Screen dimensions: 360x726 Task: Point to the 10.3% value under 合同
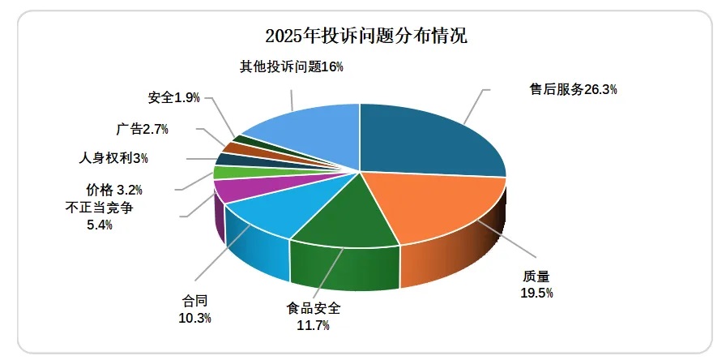click(x=194, y=319)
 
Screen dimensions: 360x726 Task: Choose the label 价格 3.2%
click(x=114, y=191)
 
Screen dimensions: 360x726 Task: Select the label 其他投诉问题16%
click(x=292, y=66)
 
